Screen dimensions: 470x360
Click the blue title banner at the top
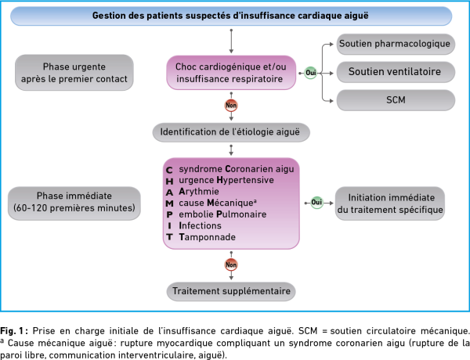[231, 16]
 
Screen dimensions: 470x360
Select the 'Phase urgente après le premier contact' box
[74, 73]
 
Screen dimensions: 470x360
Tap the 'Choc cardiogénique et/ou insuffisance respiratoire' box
[231, 73]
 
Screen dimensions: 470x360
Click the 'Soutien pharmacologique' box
[396, 44]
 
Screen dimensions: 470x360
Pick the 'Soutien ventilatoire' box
[396, 72]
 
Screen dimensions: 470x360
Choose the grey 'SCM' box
[396, 100]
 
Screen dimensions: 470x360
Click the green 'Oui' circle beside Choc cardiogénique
[310, 73]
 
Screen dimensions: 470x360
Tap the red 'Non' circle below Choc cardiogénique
[231, 105]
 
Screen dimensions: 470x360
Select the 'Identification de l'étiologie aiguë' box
[231, 132]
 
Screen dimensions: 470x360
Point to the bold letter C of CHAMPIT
[169, 170]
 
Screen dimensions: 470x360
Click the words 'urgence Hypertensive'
[226, 180]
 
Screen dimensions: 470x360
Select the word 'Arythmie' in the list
[199, 192]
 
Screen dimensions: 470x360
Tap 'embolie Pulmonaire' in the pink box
[222, 214]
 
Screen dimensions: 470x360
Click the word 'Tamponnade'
[207, 237]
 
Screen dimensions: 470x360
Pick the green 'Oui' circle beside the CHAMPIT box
[316, 203]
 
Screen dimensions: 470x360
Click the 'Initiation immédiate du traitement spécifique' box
[390, 203]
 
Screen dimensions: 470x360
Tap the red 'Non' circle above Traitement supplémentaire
[231, 265]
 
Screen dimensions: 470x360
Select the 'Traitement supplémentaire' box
[231, 291]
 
